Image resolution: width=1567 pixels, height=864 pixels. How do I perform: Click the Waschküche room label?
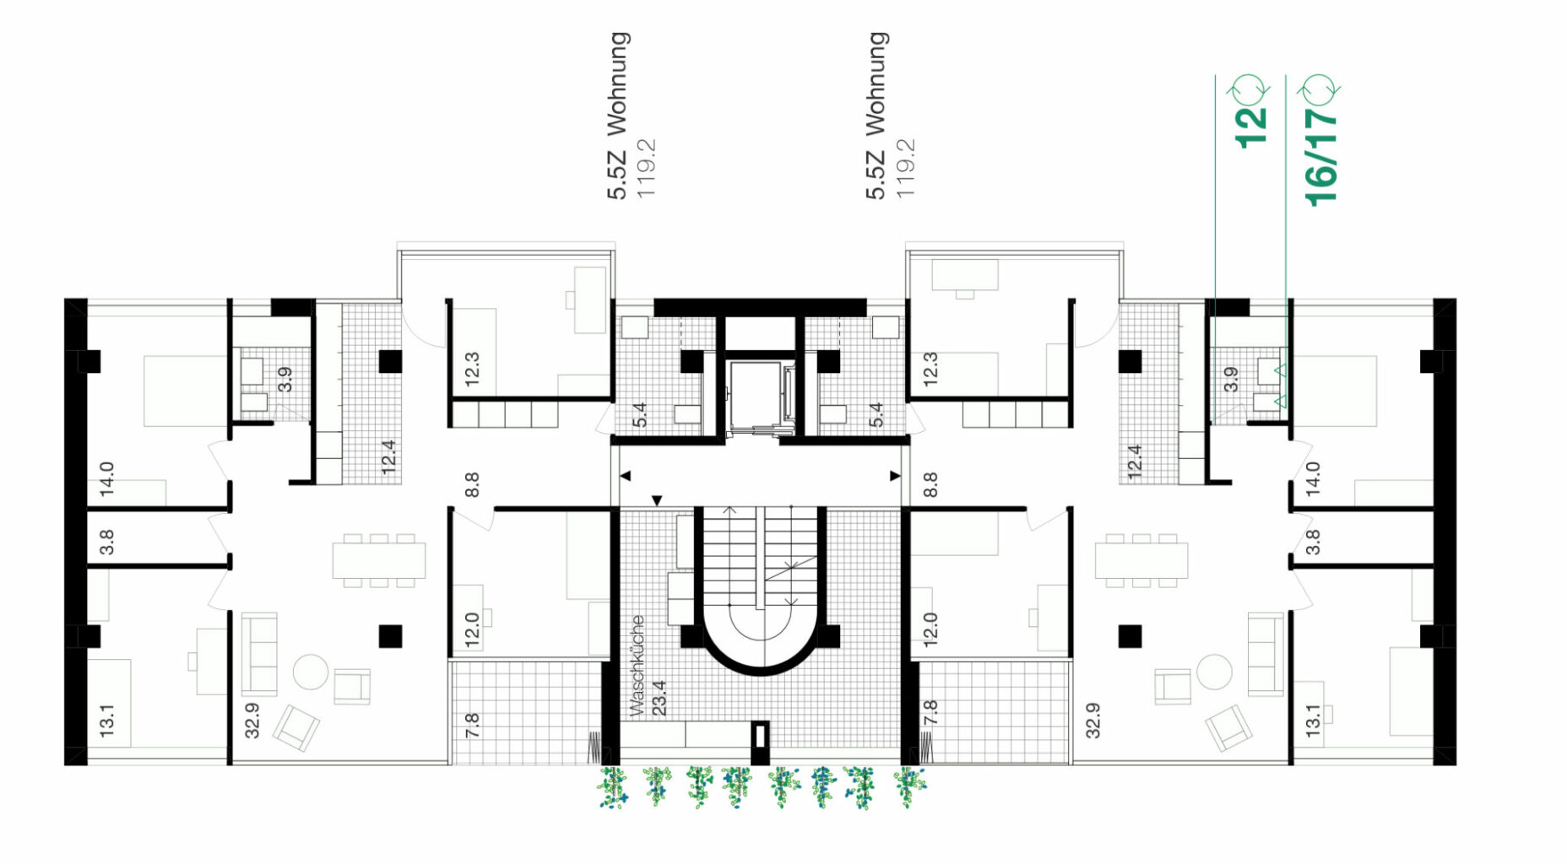(637, 666)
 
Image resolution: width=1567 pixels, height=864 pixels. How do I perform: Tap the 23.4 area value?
(659, 698)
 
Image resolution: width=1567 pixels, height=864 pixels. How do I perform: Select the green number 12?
(1251, 127)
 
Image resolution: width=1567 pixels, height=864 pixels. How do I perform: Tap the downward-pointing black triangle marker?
(657, 501)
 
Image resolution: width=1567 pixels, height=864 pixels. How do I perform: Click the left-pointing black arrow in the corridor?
(625, 476)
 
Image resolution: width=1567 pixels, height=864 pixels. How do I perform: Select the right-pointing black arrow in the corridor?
(895, 476)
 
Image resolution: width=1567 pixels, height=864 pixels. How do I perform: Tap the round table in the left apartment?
(310, 672)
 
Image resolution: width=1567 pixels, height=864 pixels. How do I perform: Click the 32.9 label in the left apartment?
(252, 721)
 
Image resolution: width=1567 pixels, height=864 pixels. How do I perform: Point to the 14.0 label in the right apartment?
(1312, 478)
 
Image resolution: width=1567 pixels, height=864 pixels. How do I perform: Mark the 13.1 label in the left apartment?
(106, 721)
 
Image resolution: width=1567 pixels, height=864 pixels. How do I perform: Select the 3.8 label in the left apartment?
(106, 542)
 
